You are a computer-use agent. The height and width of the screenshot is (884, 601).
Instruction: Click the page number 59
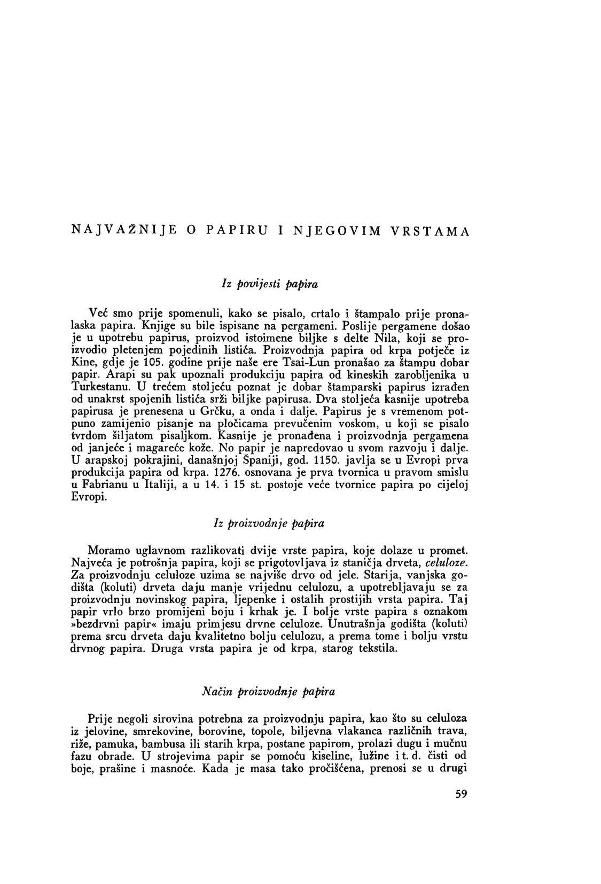pos(462,793)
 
